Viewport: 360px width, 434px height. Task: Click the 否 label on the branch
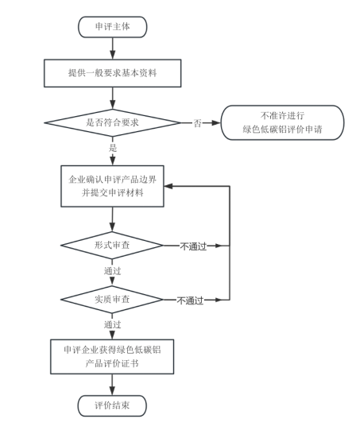pyautogui.click(x=196, y=123)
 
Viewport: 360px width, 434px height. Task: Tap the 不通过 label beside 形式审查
pyautogui.click(x=192, y=246)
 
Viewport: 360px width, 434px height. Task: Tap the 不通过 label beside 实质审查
pyautogui.click(x=192, y=300)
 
